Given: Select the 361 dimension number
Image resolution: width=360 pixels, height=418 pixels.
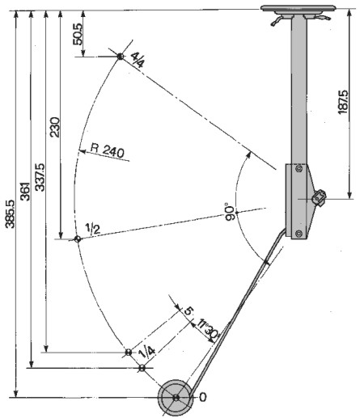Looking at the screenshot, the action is [x=26, y=192].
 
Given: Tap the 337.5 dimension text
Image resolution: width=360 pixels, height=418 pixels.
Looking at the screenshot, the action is [x=40, y=177].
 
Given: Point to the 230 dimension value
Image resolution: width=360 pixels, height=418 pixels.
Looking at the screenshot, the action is [x=55, y=127].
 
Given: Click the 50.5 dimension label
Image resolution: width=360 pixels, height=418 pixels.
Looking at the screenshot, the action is [x=78, y=34].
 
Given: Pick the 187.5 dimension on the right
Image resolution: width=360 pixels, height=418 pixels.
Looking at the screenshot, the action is [x=343, y=102].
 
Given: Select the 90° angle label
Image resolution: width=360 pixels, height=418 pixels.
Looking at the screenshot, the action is [x=230, y=212].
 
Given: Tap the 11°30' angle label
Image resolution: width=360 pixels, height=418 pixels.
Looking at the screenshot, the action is [x=209, y=329].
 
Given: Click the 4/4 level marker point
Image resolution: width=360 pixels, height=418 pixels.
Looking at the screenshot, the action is [x=120, y=57].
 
